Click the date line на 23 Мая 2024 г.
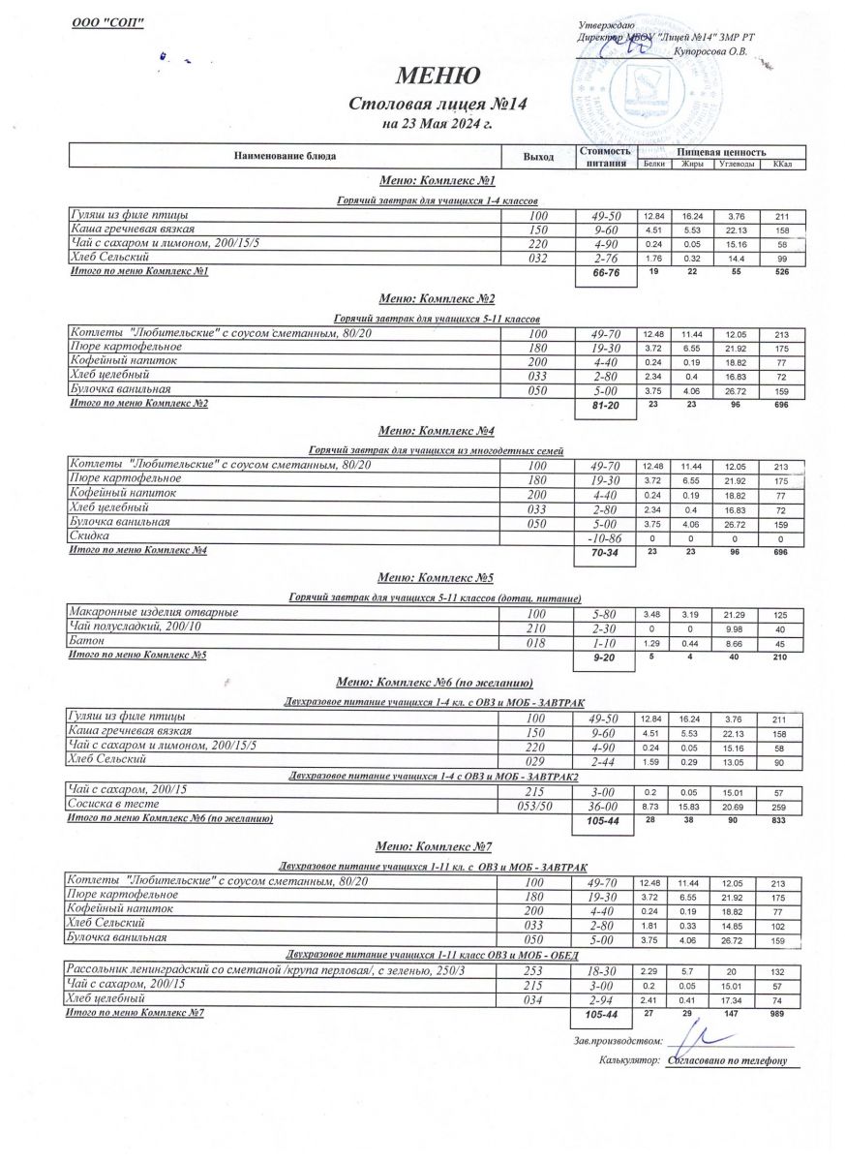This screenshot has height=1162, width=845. [x=437, y=124]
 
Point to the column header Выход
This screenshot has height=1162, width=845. [x=538, y=156]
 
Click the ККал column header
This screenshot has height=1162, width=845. [x=782, y=164]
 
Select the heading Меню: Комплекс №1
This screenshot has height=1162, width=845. [x=438, y=181]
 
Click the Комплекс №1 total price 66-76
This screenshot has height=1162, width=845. [x=604, y=276]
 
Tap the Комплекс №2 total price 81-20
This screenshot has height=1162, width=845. [x=604, y=408]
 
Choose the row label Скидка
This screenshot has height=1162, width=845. [x=89, y=535]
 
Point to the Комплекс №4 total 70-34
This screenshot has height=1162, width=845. [x=604, y=554]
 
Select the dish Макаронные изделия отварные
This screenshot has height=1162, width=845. [x=153, y=613]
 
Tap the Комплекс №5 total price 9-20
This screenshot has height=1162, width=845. [x=604, y=658]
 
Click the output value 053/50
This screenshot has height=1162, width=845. [x=538, y=806]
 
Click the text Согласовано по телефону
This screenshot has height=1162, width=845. [x=727, y=1060]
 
